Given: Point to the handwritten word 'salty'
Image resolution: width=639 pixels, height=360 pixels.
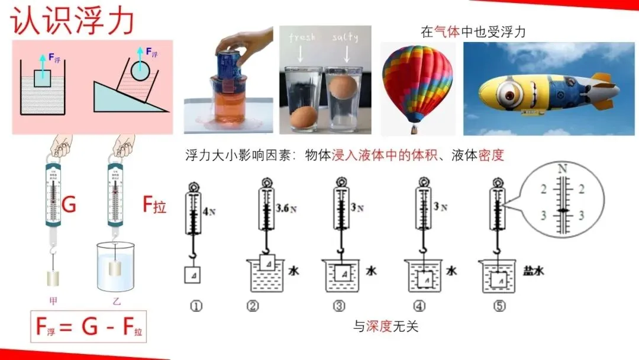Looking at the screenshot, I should coord(346,37).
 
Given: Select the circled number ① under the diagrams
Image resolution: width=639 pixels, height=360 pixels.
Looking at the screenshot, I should coord(196,306).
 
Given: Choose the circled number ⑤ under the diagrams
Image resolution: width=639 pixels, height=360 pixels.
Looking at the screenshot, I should coord(499,306).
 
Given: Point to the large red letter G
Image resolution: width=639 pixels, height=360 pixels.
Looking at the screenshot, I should coord(69,205).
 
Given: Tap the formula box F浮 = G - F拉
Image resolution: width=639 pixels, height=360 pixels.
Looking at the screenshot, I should coord(88,326).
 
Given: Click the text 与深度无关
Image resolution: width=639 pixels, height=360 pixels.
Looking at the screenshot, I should coord(386,326).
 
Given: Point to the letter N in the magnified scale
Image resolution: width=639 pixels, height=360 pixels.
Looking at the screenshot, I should coord(561,169).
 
